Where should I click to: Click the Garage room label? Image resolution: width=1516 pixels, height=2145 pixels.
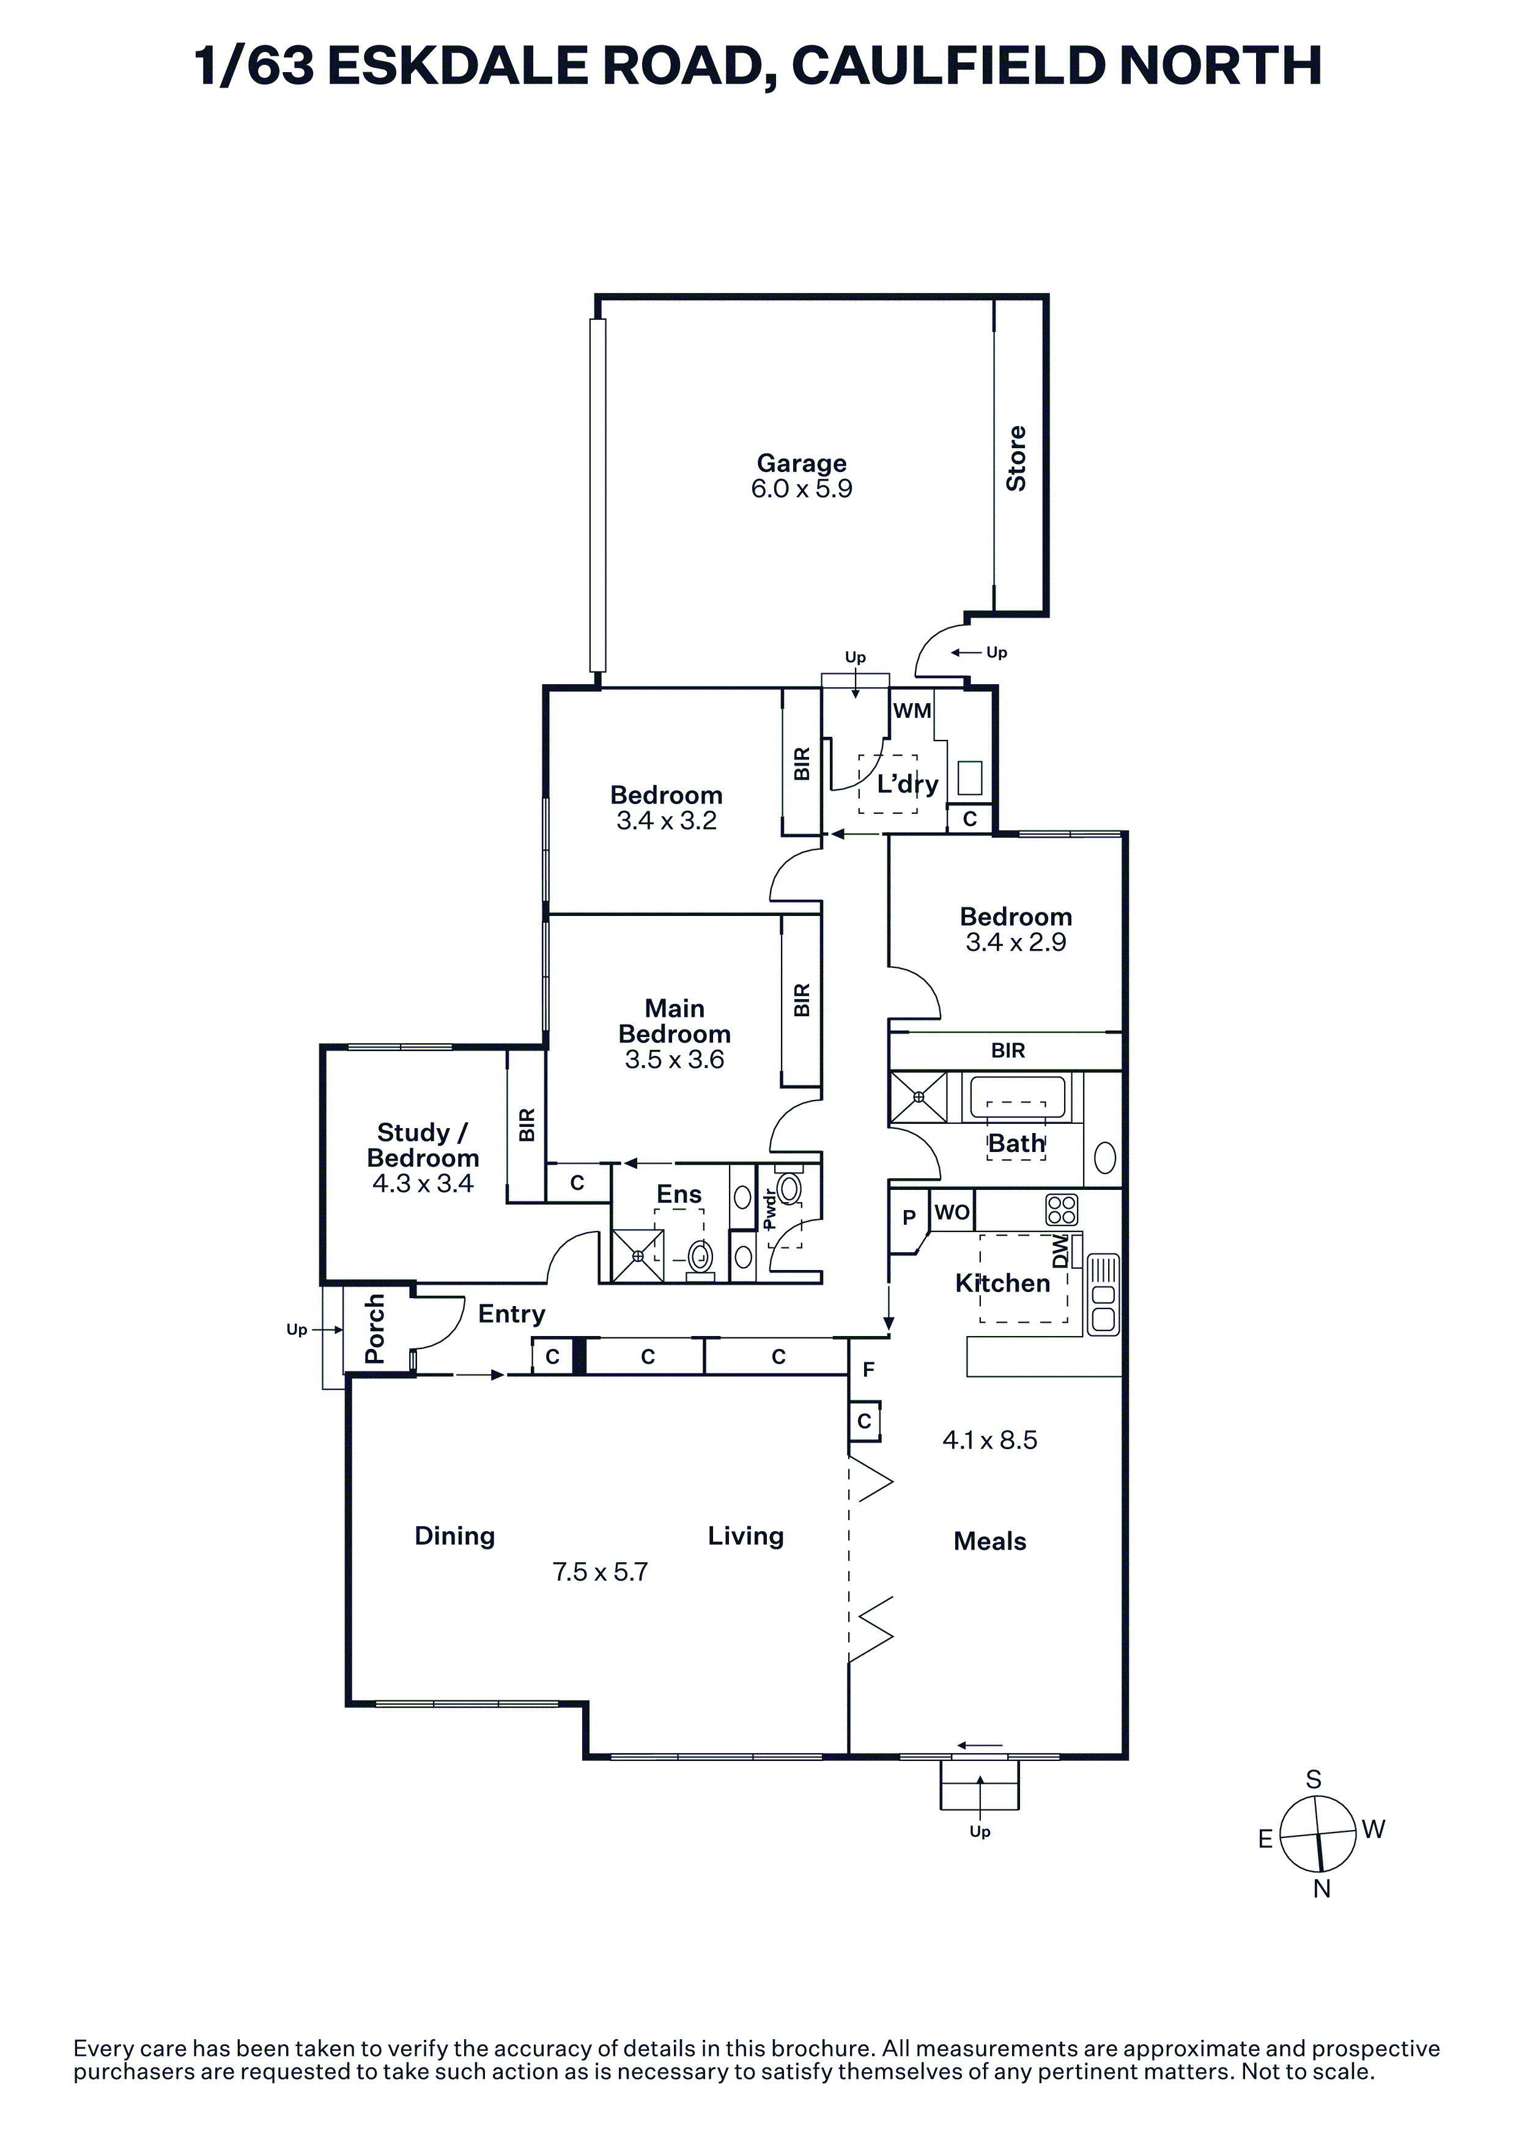click(802, 463)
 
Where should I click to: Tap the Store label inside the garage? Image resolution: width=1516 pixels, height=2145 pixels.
click(1016, 458)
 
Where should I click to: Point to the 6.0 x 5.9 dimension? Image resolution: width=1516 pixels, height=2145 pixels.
click(802, 489)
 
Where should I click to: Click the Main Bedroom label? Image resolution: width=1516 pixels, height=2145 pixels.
click(675, 1021)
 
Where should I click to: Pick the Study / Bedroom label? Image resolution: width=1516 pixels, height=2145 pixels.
click(423, 1145)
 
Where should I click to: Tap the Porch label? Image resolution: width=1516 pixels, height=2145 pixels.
click(374, 1329)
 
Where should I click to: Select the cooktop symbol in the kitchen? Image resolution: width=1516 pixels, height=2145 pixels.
click(1062, 1210)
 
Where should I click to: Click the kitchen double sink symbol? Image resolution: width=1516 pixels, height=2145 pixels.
click(1103, 1294)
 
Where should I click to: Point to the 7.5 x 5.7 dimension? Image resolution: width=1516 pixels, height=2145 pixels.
click(600, 1571)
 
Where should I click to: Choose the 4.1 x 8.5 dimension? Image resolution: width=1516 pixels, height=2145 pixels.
click(990, 1439)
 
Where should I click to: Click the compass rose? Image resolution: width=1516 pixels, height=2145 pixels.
click(1317, 1835)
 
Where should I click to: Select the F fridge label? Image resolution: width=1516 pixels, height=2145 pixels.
click(868, 1370)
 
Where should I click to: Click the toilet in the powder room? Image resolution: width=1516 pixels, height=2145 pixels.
click(789, 1188)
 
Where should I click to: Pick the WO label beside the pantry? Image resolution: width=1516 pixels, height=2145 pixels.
click(952, 1212)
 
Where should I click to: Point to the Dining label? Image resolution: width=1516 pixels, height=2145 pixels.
click(455, 1536)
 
